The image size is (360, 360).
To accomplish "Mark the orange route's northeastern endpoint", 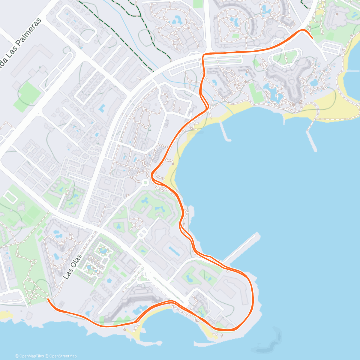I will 312,38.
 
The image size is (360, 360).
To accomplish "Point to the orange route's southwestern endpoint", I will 48,299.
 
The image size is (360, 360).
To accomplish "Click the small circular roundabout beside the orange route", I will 145,182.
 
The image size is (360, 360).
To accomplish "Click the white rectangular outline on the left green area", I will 11,197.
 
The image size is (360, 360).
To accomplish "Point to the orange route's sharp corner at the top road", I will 203,55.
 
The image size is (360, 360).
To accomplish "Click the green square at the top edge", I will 198,4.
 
